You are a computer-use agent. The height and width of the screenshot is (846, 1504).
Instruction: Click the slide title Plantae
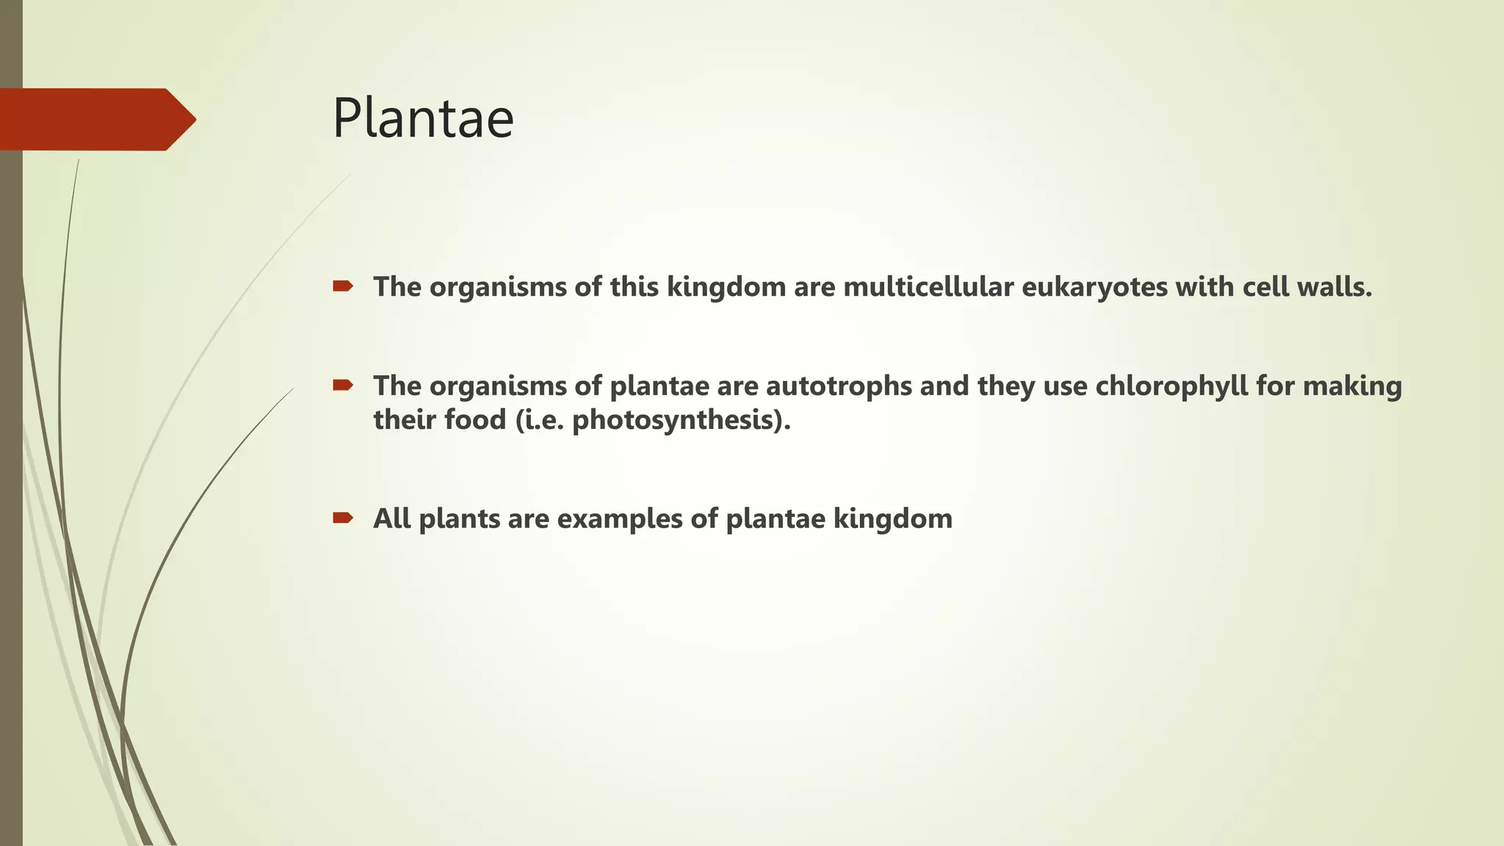[x=423, y=118]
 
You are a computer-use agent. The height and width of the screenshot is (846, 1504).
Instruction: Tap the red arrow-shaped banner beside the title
[x=95, y=119]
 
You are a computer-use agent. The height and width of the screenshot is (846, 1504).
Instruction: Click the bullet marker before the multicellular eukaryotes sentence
[x=342, y=286]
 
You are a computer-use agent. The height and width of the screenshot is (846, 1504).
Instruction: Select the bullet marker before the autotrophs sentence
[x=342, y=385]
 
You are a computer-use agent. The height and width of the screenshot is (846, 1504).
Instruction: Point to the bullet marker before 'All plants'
[x=342, y=518]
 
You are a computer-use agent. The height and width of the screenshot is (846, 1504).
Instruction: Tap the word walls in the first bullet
[x=1334, y=286]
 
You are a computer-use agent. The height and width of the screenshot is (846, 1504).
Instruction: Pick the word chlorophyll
[x=1171, y=386]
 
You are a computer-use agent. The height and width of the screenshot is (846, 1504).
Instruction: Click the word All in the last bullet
[x=391, y=518]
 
